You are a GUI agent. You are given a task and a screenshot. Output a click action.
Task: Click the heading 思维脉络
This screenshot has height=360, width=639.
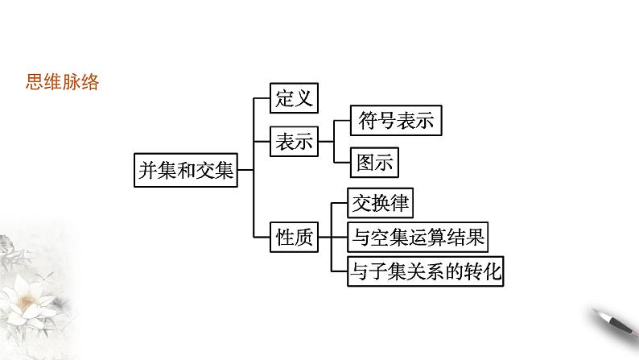pos(63,82)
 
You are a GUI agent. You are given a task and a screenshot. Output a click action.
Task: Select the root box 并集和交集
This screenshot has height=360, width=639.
pos(186,170)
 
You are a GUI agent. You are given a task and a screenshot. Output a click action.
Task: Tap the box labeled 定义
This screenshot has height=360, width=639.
pos(292,100)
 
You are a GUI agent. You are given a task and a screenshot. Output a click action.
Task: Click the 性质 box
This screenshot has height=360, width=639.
pos(293,237)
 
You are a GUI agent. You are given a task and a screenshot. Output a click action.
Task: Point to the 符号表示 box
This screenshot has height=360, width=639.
pos(395,121)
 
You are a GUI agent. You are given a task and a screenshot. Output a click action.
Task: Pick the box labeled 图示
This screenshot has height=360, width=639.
pos(374,163)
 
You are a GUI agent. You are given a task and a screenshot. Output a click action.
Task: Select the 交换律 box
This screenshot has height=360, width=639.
pos(380,204)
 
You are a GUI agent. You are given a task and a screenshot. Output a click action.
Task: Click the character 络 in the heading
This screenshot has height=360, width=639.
pos(90,82)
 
